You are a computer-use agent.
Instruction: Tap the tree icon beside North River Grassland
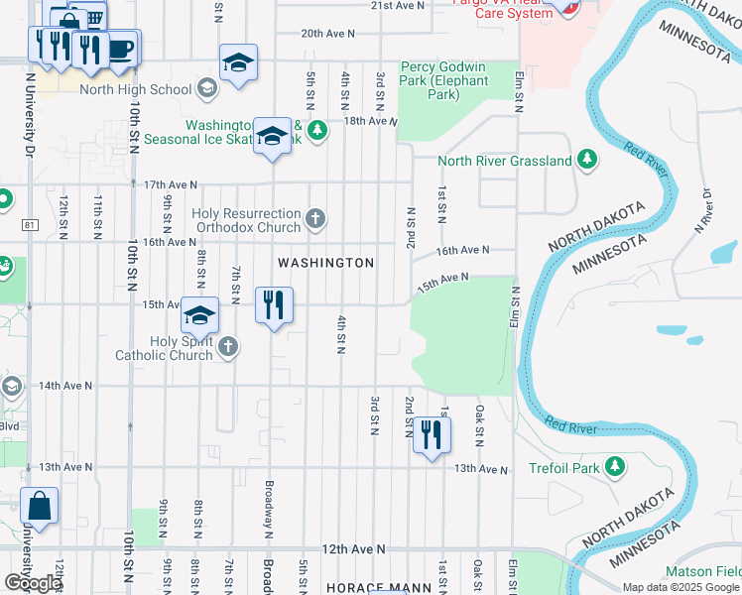point(587,160)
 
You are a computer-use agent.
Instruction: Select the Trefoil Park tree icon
point(615,465)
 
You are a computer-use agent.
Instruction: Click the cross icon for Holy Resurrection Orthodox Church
point(315,218)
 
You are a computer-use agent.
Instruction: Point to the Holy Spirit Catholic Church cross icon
point(228,346)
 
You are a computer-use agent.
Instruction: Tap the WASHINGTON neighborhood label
point(325,263)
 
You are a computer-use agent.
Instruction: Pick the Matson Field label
point(701,571)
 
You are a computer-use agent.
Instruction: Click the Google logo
point(33,582)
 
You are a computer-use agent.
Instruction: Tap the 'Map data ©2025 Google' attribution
point(680,587)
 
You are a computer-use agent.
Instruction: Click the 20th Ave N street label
point(327,34)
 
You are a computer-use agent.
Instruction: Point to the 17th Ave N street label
point(171,184)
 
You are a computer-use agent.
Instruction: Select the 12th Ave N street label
point(351,548)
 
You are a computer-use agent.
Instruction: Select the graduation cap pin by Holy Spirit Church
point(199,315)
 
